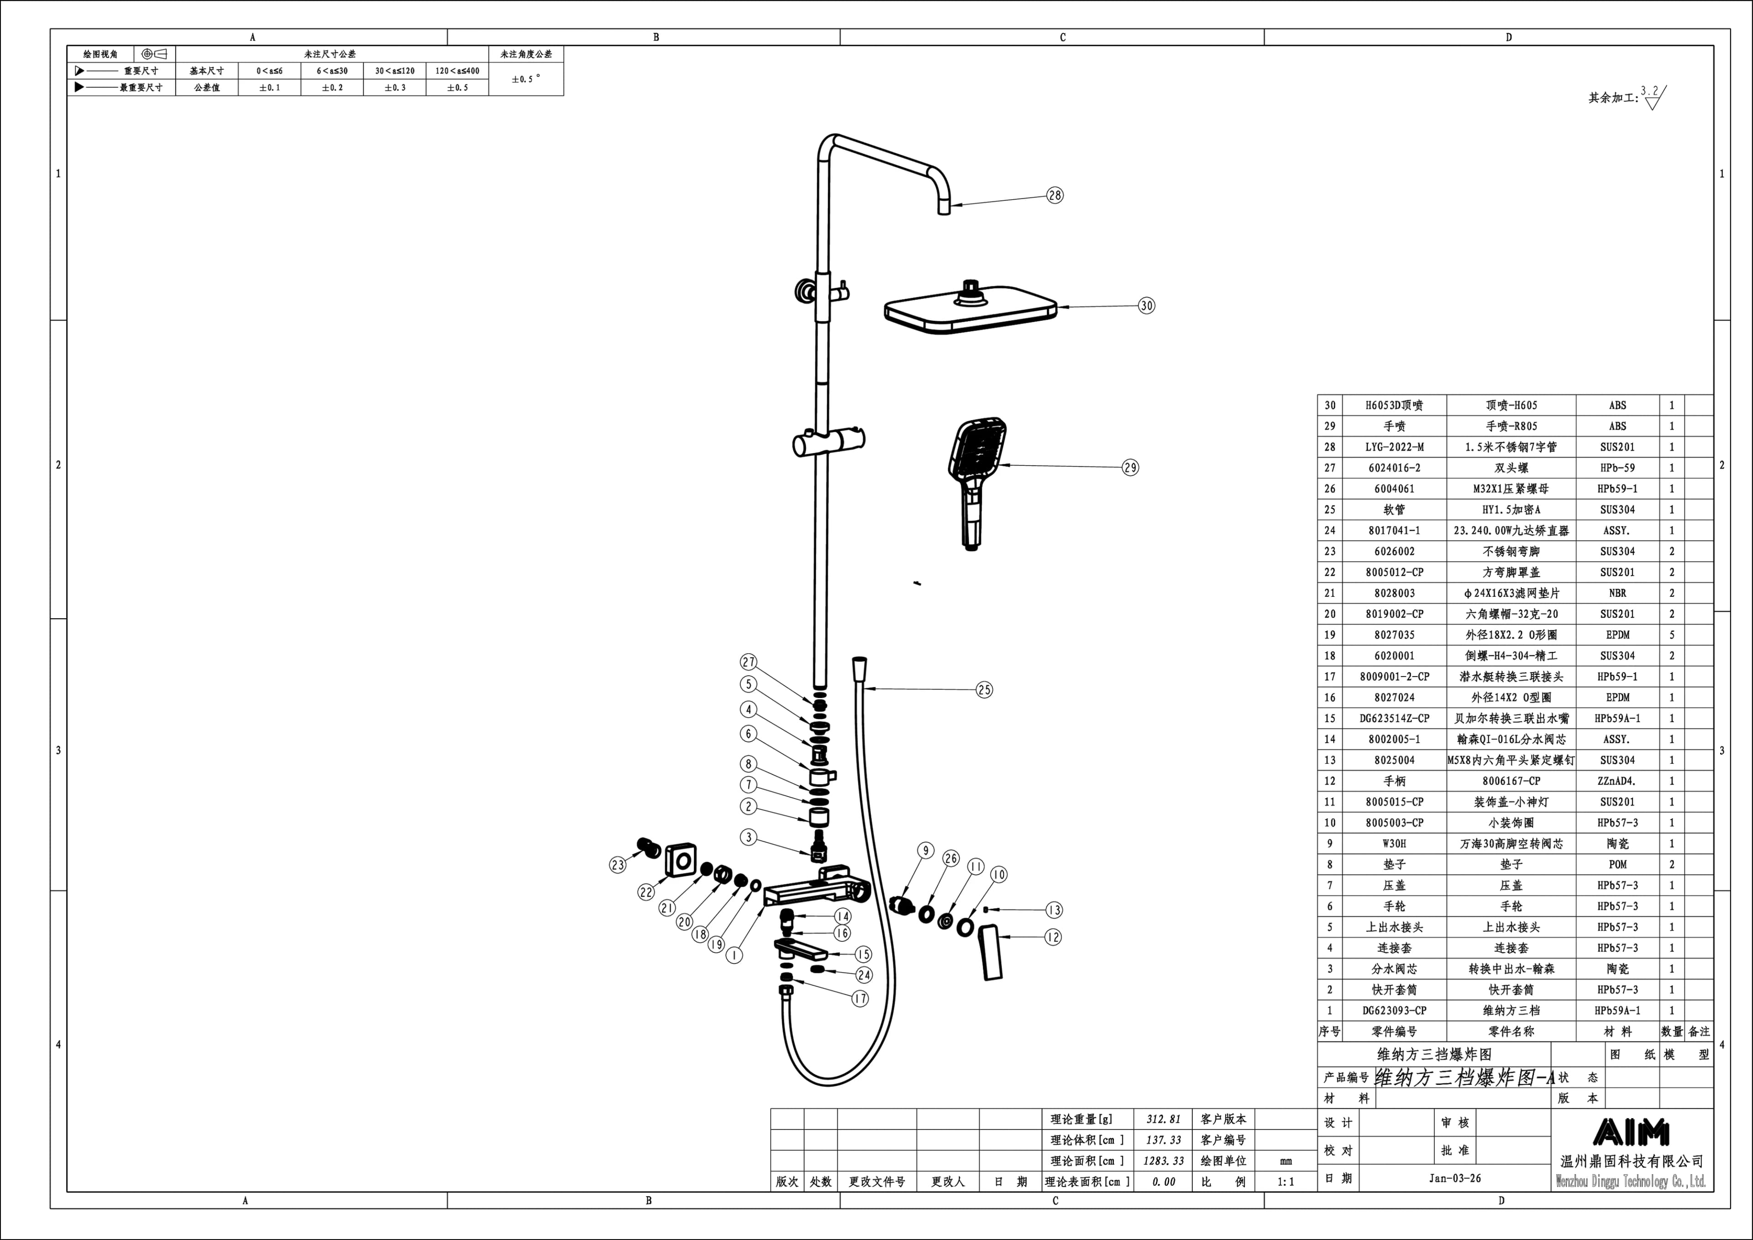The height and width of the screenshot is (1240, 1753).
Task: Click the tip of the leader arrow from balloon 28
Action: pyautogui.click(x=951, y=205)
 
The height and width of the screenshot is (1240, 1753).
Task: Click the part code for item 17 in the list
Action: pyautogui.click(x=1394, y=677)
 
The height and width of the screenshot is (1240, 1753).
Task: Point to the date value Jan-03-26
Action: pyautogui.click(x=1455, y=1178)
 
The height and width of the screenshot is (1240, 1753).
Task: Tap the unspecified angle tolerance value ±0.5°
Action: pyautogui.click(x=526, y=79)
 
